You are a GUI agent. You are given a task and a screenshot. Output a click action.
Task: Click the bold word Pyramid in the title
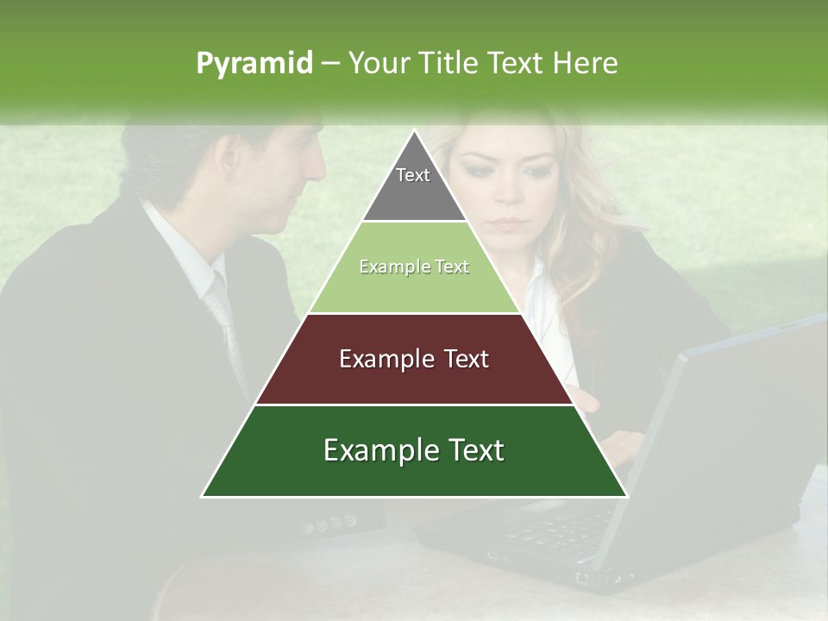[254, 63]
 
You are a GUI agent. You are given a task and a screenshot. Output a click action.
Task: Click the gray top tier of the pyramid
[414, 194]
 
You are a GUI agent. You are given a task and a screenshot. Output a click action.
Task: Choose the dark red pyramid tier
[414, 379]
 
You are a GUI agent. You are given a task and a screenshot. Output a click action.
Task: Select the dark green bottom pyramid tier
[414, 470]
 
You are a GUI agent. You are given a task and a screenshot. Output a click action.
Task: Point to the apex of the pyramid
[414, 132]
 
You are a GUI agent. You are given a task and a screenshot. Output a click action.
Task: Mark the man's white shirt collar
[181, 241]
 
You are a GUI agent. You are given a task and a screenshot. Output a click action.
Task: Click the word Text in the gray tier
[413, 175]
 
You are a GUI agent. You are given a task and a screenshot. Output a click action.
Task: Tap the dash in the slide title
[330, 63]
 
